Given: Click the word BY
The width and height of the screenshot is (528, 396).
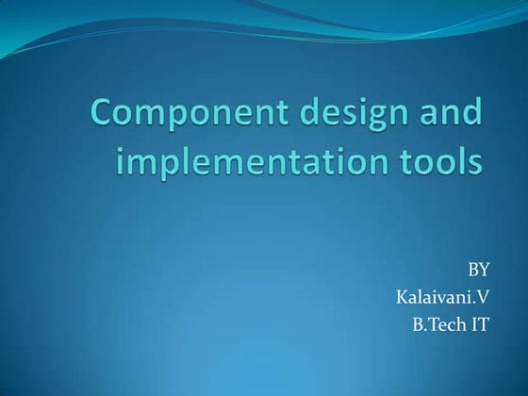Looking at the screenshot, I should (479, 273).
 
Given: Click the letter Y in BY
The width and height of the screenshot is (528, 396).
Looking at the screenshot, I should (485, 273).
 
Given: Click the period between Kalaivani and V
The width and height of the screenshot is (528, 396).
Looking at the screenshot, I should (475, 305).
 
